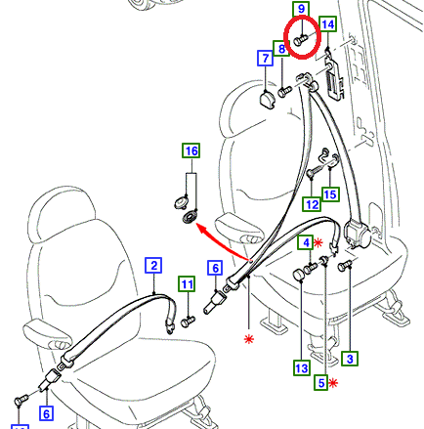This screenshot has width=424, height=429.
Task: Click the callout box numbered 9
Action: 301,9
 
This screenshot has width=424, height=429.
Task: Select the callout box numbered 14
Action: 327,24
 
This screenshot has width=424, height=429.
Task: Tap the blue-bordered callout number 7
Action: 266,58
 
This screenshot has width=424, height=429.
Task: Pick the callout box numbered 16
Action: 191,150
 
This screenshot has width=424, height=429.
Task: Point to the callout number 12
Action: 312,204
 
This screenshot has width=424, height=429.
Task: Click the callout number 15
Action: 330,194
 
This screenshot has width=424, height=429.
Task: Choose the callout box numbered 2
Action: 153,266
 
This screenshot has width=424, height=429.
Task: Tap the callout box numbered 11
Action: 187,284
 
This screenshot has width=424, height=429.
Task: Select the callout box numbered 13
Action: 301,368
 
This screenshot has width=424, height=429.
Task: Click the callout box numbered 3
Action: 350,359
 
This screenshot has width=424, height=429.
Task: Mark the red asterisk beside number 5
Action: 333,383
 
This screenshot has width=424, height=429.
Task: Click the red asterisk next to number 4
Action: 318,242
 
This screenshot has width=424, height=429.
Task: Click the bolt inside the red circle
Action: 300,40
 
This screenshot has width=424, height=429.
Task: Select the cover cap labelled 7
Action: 268,99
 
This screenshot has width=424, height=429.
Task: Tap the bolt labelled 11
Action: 188,322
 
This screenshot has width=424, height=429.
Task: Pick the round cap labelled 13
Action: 299,275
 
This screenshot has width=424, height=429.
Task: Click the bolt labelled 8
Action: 285,91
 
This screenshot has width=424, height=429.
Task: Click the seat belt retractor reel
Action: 357,235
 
